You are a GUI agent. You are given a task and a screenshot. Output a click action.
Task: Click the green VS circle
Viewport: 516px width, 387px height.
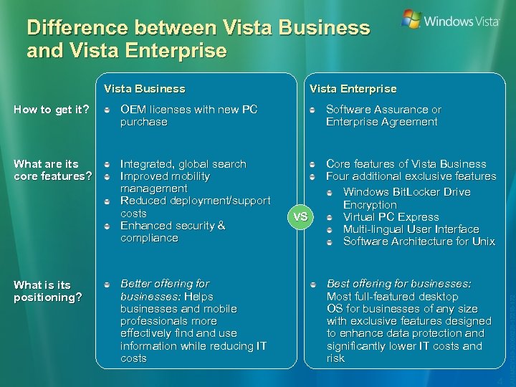pos(301,216)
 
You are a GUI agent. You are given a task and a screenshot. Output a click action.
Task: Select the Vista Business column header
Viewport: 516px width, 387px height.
pos(145,89)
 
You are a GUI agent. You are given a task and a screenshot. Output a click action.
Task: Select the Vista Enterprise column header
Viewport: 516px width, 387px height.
pos(353,89)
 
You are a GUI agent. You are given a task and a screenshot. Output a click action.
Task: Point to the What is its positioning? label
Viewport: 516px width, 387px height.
pos(47,291)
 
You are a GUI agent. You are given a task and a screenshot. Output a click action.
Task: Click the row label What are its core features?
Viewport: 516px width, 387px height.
pos(52,170)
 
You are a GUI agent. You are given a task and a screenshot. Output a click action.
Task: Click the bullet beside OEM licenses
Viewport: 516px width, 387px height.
pos(106,110)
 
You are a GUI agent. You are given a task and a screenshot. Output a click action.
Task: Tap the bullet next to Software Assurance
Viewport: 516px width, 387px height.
pos(313,110)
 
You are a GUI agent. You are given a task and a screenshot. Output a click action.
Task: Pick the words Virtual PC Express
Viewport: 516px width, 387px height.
pos(391,217)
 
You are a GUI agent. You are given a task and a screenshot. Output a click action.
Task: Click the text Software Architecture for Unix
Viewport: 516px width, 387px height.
pos(419,242)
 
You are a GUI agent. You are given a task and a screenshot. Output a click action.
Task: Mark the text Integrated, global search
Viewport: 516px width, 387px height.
pos(183,164)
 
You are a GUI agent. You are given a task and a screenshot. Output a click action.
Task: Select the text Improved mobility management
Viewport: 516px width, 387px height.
pos(165,182)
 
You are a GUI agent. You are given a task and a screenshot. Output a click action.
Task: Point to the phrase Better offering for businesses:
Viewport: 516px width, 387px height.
pos(165,290)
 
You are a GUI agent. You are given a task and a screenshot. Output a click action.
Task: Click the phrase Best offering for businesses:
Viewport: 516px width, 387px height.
pos(398,284)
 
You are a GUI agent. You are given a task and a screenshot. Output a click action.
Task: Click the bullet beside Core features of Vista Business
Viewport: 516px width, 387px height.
pos(313,164)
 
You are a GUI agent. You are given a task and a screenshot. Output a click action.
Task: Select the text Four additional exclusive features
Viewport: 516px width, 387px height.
pos(411,176)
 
